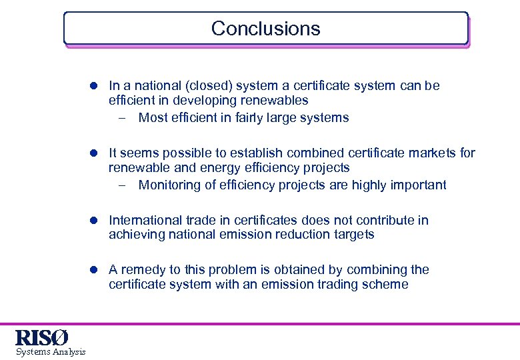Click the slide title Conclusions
click(265, 29)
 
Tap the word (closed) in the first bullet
click(208, 86)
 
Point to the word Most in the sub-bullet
click(153, 118)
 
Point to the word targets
click(353, 235)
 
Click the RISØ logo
click(41, 337)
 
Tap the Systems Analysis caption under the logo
click(51, 352)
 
